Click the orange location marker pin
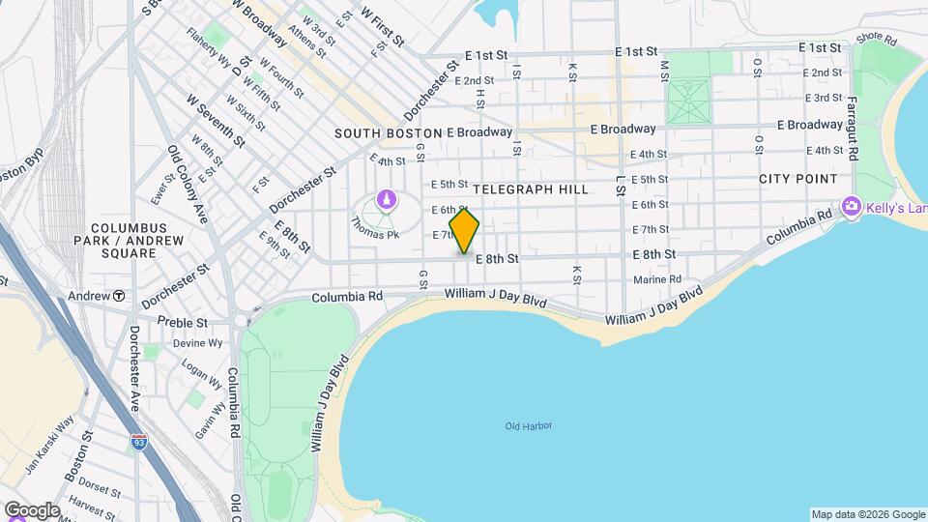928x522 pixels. click(x=464, y=231)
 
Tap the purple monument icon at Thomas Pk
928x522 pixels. click(x=387, y=201)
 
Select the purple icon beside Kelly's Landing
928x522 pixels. click(x=852, y=206)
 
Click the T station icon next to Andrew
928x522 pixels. click(x=119, y=295)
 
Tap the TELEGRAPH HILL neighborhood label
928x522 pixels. click(x=531, y=190)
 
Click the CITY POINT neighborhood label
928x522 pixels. click(x=797, y=179)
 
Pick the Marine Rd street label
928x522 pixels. click(x=658, y=280)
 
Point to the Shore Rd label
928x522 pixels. click(x=877, y=40)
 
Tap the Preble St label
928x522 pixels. click(x=182, y=322)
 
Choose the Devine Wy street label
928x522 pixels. click(x=197, y=343)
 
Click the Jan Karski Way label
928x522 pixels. click(x=49, y=446)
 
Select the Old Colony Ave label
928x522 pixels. click(x=188, y=184)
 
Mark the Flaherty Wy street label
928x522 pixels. click(x=210, y=65)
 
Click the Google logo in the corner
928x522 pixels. click(x=32, y=509)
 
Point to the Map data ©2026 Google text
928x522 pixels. click(x=866, y=514)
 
